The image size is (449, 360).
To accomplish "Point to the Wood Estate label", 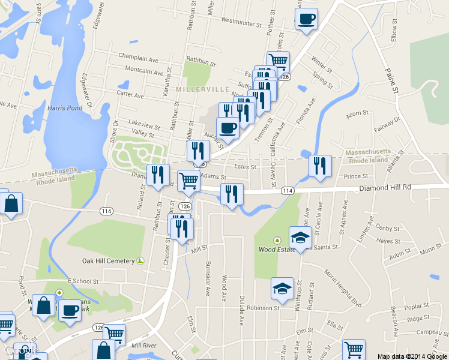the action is tap(276, 249).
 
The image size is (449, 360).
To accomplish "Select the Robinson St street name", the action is tap(264, 308).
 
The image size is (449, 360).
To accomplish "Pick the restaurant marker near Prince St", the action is tap(320, 166).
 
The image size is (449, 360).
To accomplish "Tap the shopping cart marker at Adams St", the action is tap(189, 179).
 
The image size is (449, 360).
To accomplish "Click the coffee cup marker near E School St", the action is tap(70, 311).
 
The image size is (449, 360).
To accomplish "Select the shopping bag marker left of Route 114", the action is tap(11, 204).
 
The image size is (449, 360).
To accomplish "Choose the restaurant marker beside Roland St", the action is tap(158, 175).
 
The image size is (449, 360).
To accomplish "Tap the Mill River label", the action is tap(143, 346).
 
